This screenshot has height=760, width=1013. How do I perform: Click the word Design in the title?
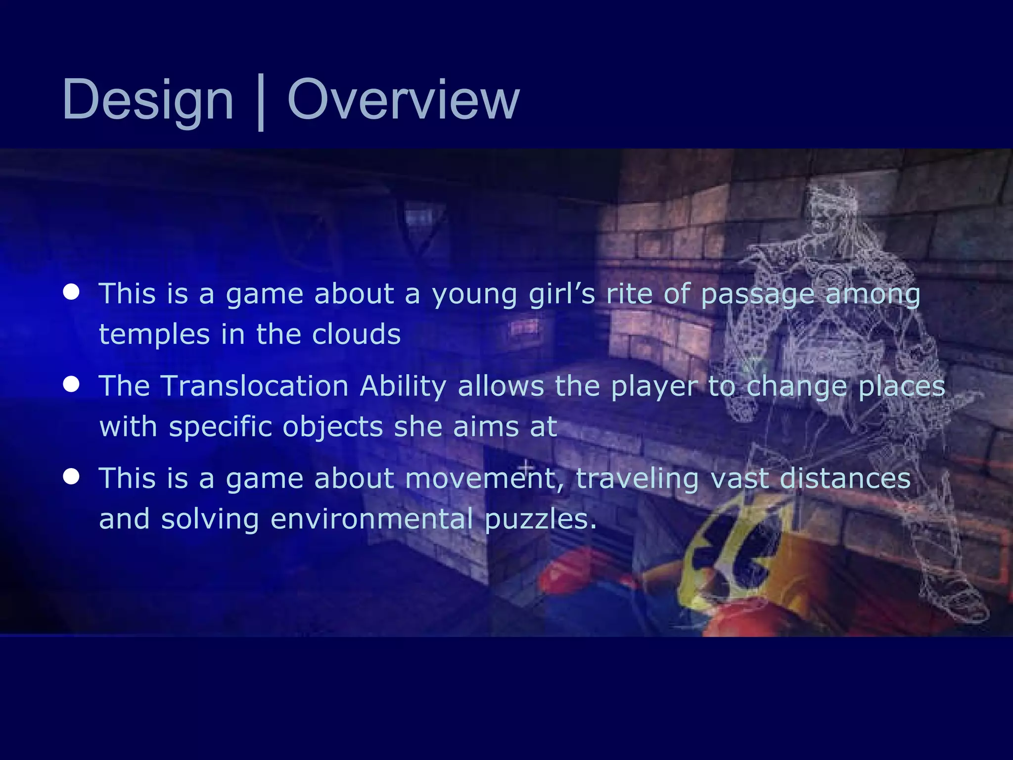pyautogui.click(x=147, y=101)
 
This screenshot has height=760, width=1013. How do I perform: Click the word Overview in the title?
pyautogui.click(x=403, y=101)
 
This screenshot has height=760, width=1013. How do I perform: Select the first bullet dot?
pyautogui.click(x=71, y=292)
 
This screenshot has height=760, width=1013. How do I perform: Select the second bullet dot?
pyautogui.click(x=71, y=384)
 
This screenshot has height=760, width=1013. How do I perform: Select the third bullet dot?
pyautogui.click(x=71, y=476)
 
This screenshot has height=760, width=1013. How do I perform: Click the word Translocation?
pyautogui.click(x=254, y=386)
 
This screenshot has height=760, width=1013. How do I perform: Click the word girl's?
pyautogui.click(x=562, y=294)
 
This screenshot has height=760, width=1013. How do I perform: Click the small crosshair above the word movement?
pyautogui.click(x=526, y=467)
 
